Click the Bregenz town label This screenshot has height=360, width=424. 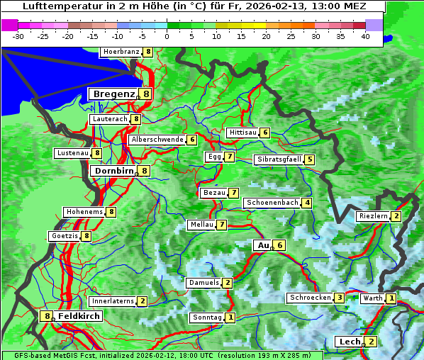coord(113,94)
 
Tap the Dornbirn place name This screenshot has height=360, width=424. coord(113,171)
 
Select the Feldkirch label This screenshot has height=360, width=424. coord(79,316)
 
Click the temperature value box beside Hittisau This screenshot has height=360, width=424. coord(265,133)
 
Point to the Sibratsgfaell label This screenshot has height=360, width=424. coord(279,159)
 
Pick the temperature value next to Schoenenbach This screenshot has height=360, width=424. coord(306,203)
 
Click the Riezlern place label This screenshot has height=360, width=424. coord(373,216)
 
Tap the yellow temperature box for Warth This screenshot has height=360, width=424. coord(391,298)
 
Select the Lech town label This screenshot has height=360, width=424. coord(350,342)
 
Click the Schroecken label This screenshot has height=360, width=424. coord(310,298)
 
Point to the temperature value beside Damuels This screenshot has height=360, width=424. coord(227,283)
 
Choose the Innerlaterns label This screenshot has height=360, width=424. coord(113,301)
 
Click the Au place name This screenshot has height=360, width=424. coord(262,245)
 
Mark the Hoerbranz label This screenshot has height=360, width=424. coord(121,52)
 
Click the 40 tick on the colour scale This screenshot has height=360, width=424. coord(365,36)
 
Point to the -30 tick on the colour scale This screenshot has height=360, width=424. coord(18,36)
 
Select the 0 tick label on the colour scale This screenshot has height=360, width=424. coord(167,36)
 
